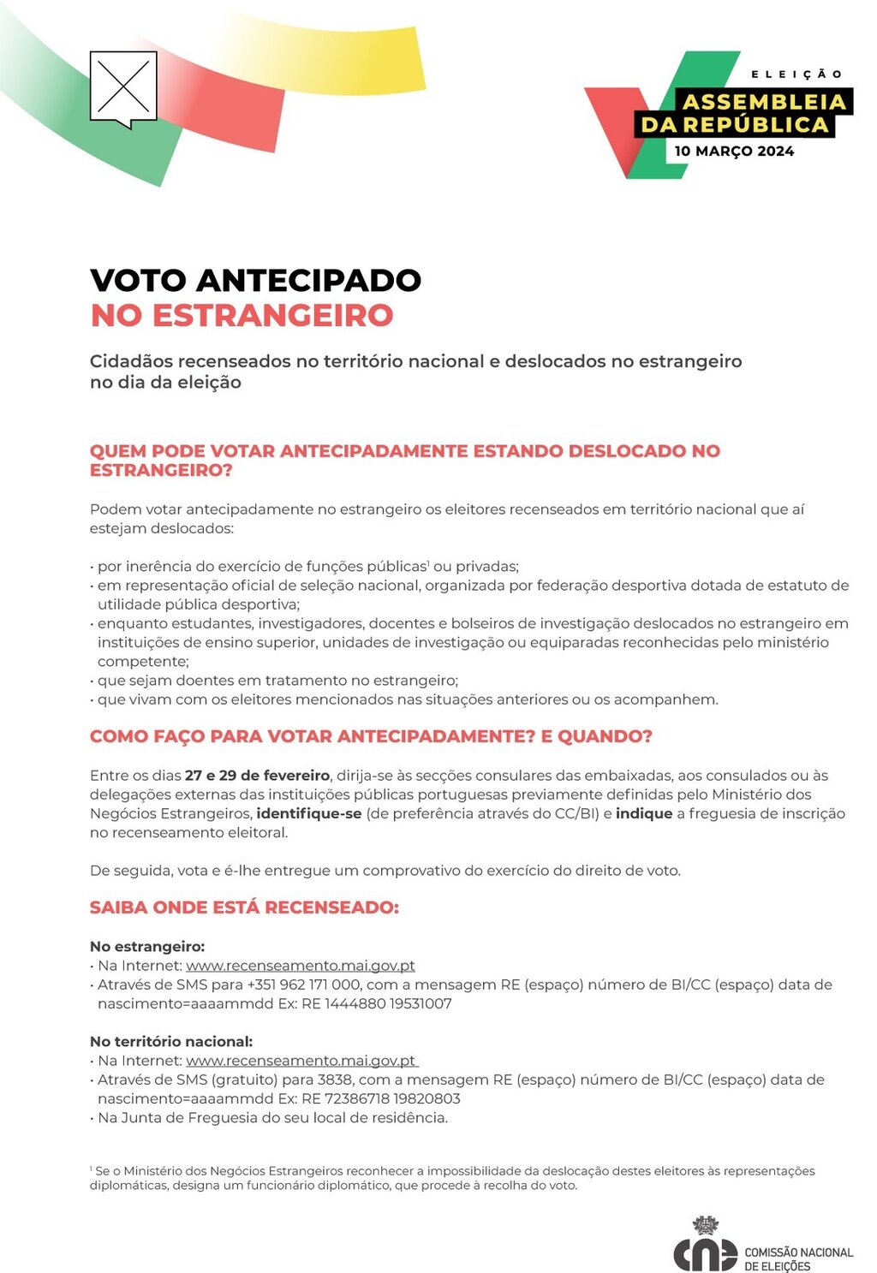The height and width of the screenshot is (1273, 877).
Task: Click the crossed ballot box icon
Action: [x=123, y=87]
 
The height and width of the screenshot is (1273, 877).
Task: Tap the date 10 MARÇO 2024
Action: [x=734, y=152]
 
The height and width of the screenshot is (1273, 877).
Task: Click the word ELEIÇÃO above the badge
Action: [x=796, y=74]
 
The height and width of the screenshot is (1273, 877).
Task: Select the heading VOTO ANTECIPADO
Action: [x=255, y=280]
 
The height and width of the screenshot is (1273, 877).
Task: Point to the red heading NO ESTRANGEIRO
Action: [x=242, y=315]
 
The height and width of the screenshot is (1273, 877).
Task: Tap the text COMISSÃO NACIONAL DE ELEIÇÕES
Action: [x=798, y=1258]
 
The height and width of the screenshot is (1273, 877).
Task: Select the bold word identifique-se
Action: [x=309, y=813]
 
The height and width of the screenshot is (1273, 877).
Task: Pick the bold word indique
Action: [x=643, y=813]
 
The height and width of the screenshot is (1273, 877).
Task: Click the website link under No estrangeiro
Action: [x=300, y=966]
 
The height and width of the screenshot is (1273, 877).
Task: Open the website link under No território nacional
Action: [x=301, y=1061]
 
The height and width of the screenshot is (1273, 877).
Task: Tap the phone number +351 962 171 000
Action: [x=303, y=984]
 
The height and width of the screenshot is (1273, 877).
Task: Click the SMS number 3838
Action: [x=334, y=1080]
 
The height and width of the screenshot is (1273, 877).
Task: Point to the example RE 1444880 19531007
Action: [x=376, y=1003]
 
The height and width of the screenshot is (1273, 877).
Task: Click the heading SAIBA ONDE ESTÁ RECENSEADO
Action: [x=244, y=907]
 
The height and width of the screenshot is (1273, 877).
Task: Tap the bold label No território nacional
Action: [x=171, y=1042]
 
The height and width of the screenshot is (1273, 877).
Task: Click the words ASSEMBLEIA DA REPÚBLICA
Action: [x=744, y=113]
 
